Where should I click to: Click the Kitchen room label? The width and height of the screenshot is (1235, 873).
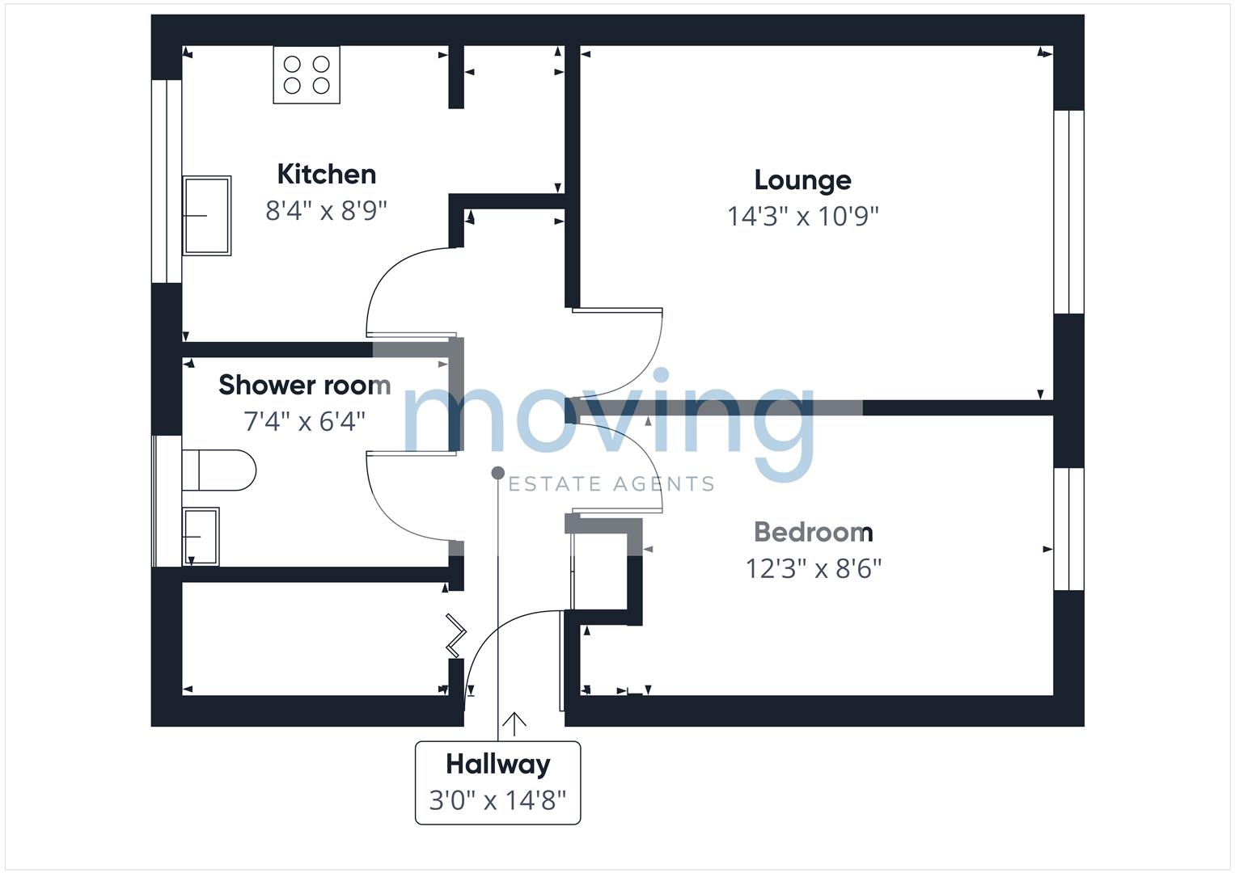326,174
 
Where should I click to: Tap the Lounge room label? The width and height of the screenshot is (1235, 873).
802,179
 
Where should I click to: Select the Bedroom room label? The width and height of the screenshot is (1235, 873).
813,532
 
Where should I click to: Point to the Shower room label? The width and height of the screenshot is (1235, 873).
304,385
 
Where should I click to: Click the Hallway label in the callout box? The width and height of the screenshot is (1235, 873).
497,764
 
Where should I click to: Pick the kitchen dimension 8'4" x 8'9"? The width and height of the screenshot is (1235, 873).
326,211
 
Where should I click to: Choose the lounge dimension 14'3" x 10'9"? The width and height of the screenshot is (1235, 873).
802,217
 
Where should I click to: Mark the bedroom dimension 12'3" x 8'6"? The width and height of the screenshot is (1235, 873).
813,569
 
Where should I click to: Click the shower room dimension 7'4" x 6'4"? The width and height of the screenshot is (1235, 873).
304,421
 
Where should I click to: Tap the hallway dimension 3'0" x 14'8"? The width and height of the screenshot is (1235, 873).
497,800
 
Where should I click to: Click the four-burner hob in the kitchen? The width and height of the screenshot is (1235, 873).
307,74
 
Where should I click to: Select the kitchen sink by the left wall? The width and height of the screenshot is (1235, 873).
207,216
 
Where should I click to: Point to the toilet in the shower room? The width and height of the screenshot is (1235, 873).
220,470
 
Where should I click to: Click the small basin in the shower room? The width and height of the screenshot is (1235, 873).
201,536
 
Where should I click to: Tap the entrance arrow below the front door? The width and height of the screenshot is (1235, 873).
514,724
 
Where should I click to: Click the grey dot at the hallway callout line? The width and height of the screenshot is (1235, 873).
498,473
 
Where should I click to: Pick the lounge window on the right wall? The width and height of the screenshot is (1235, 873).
1068,212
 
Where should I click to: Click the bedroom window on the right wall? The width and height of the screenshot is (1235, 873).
1068,529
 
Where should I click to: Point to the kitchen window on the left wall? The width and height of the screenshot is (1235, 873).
167,181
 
